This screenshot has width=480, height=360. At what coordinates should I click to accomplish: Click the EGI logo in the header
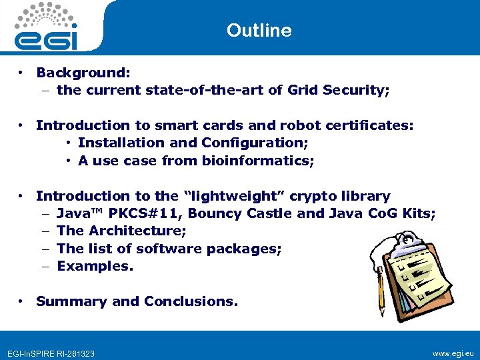47,27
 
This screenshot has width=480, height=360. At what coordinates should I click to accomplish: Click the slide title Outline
259,31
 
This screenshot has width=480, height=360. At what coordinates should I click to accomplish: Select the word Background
82,72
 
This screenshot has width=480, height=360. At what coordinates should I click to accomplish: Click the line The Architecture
121,231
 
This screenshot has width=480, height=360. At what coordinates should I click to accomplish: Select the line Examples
95,266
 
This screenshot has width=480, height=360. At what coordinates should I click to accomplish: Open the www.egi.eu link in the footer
453,353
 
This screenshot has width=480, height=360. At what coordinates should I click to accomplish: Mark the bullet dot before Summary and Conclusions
22,301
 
